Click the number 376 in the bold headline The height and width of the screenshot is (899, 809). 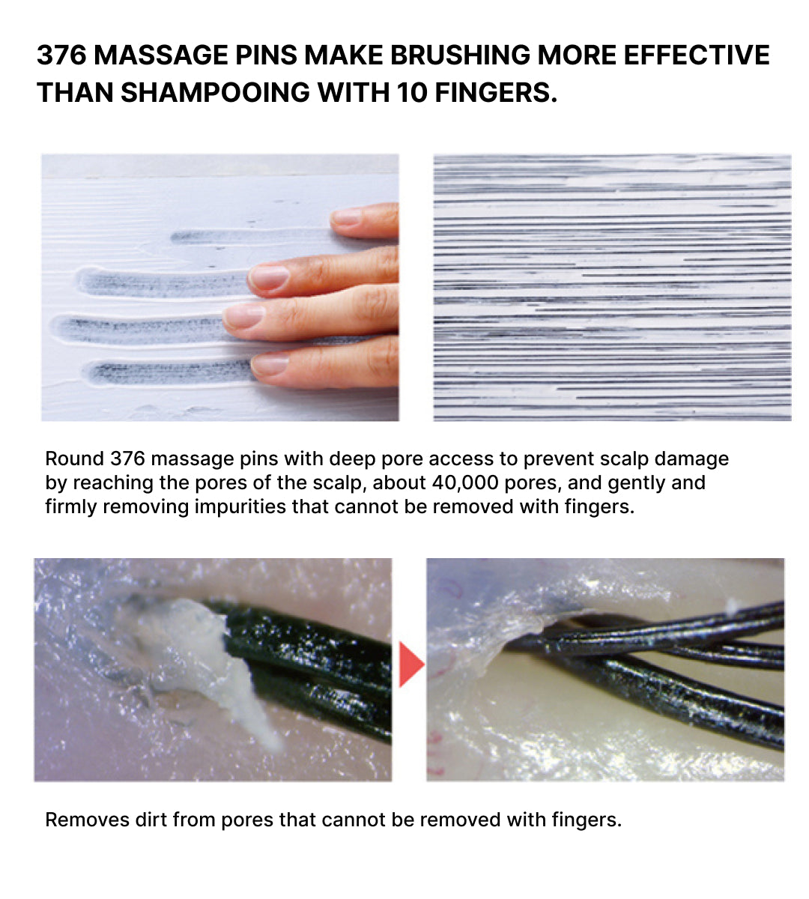point(61,55)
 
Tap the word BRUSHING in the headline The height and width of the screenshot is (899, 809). point(460,55)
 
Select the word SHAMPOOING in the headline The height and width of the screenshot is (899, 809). point(215,93)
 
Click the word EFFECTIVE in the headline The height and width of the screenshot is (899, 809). point(697,55)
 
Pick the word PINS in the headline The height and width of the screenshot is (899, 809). point(266,55)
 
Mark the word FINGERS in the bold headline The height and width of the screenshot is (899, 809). point(496,93)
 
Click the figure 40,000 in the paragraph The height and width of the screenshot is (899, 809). point(465,482)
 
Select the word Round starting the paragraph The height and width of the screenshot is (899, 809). point(75,459)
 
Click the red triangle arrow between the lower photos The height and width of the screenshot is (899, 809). point(411,665)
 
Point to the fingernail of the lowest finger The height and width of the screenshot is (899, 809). point(270,364)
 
